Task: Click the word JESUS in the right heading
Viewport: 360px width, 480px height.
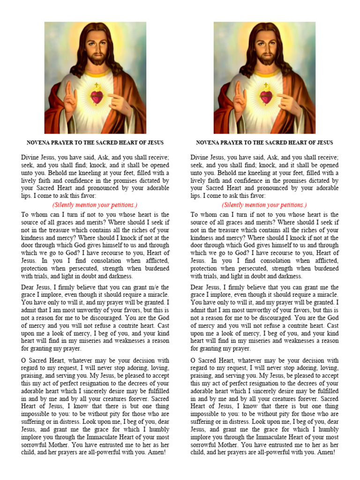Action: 323,142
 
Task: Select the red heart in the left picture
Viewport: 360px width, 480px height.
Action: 97,97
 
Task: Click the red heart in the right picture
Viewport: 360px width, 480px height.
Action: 266,97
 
